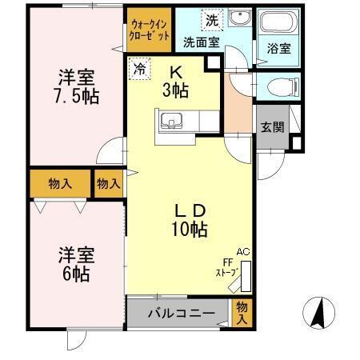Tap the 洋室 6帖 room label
77,263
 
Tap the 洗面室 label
201,42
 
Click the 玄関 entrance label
271,127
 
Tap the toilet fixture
275,86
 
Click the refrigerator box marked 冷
138,70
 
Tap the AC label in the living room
242,252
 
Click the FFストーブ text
226,267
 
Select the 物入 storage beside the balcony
242,311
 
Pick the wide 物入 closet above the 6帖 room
60,183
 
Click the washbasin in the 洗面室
238,19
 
